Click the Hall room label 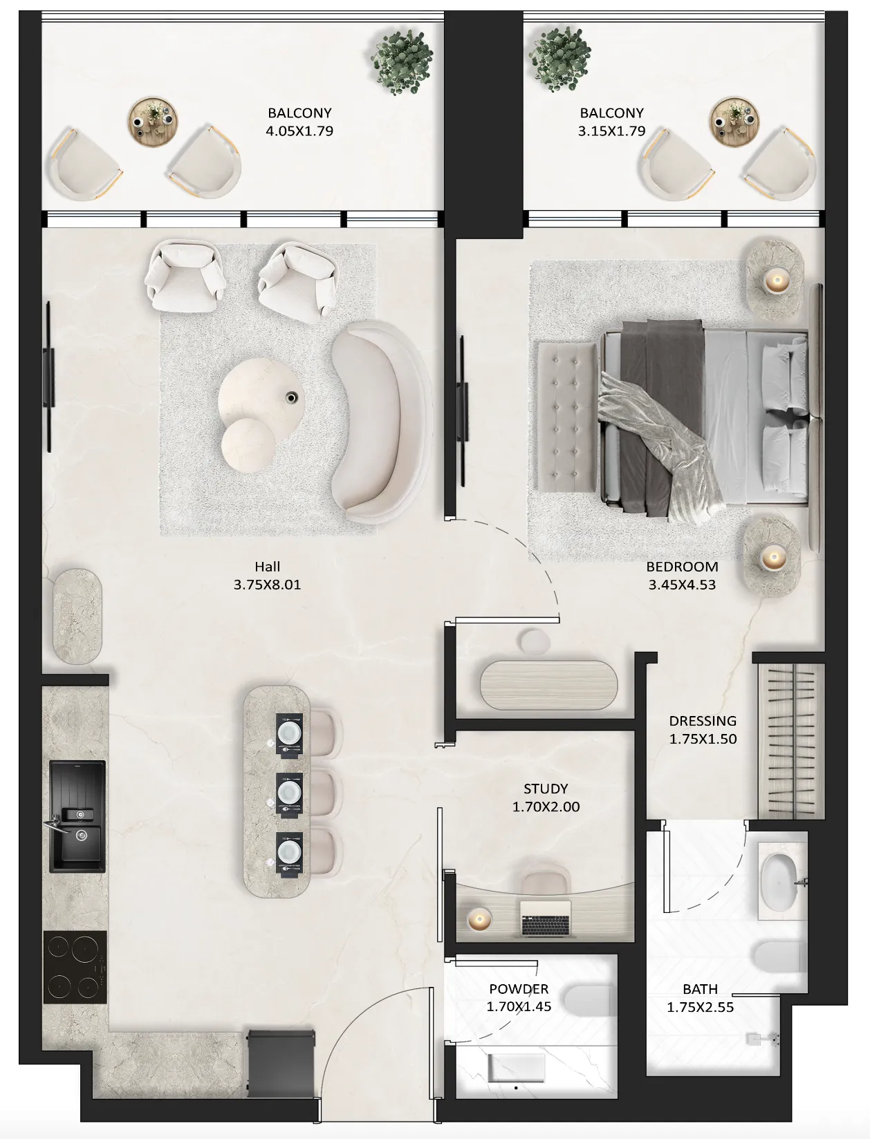tap(267, 567)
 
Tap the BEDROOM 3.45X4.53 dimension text tap(682, 585)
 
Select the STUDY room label tap(546, 789)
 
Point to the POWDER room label tap(519, 989)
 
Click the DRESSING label tap(703, 721)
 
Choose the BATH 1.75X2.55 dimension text tap(700, 1007)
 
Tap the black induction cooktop tap(75, 967)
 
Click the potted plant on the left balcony tap(403, 61)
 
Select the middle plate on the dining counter tap(289, 791)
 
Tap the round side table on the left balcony tap(154, 123)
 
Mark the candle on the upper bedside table tap(775, 281)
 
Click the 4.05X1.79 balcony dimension tap(299, 131)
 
